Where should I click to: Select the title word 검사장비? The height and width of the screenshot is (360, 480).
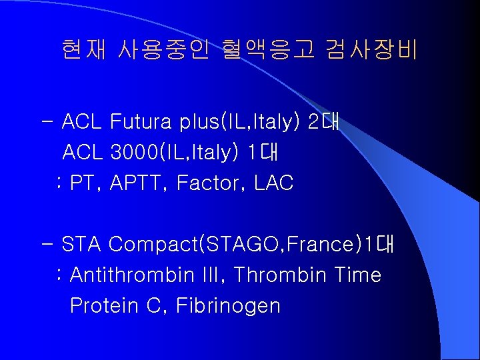click(x=371, y=49)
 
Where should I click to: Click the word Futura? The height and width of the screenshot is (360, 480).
click(x=141, y=123)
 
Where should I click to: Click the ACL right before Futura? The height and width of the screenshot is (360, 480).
click(x=82, y=123)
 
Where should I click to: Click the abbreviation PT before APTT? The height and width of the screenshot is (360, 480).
click(x=83, y=183)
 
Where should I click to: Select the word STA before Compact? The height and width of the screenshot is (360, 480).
click(x=81, y=245)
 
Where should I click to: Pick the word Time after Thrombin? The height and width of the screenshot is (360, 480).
click(x=359, y=275)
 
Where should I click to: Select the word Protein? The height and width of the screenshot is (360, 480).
click(x=101, y=306)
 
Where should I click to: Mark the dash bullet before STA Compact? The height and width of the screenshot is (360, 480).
click(x=48, y=245)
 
